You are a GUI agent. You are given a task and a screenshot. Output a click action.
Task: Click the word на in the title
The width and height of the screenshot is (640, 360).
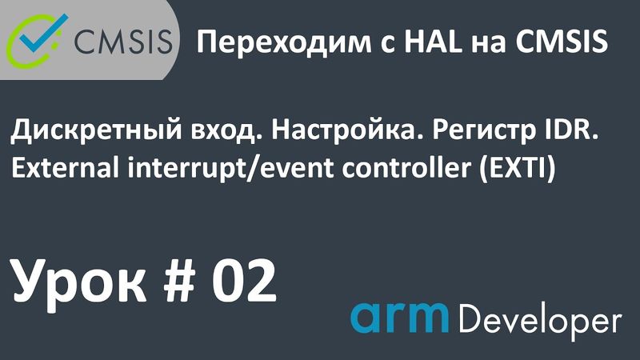point(461,42)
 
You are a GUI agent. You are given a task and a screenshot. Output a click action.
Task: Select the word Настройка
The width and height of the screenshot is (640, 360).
point(336,134)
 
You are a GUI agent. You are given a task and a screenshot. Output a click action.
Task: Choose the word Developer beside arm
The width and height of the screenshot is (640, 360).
point(542,320)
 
